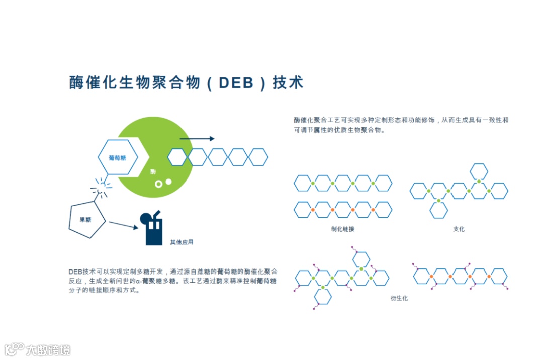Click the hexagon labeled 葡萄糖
click(x=118, y=157)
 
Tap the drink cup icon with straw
click(x=153, y=229)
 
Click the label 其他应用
click(x=182, y=242)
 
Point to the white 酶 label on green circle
click(x=153, y=172)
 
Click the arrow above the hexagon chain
click(x=197, y=139)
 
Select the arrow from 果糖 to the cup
click(x=123, y=225)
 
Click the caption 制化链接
click(x=343, y=229)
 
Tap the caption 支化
click(x=459, y=229)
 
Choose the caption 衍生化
click(x=399, y=298)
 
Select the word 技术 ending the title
click(x=288, y=83)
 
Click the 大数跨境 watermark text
click(x=48, y=350)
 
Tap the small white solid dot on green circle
click(x=168, y=182)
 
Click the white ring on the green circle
click(x=158, y=185)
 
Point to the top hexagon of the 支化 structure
click(x=479, y=171)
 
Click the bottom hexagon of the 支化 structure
click(x=438, y=210)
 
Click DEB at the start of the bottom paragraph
click(x=75, y=272)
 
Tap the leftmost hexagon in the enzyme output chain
click(x=177, y=157)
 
